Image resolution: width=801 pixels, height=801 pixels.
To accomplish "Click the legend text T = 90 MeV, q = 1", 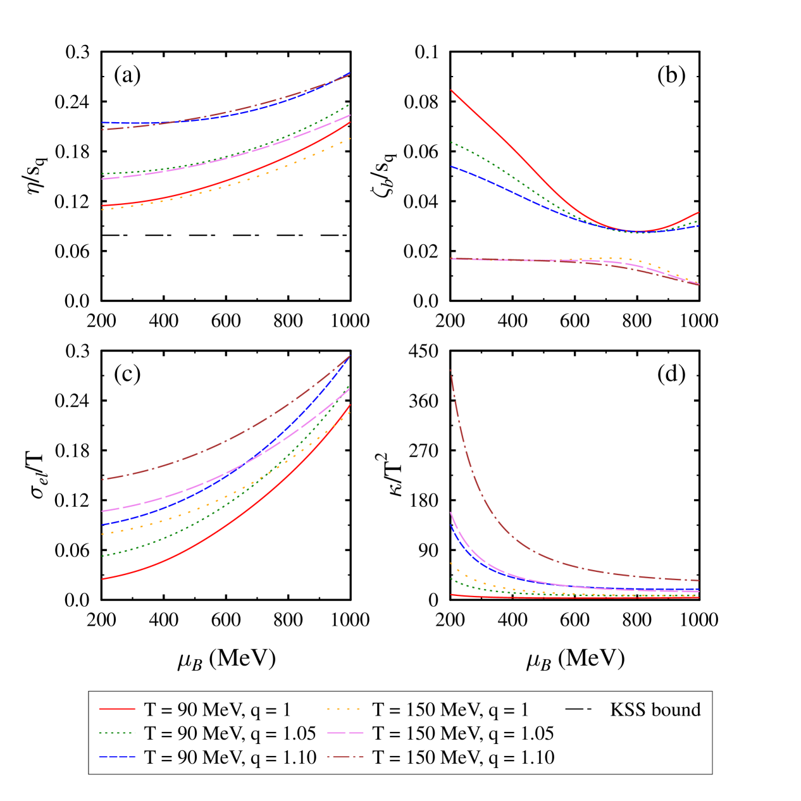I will point(217,710).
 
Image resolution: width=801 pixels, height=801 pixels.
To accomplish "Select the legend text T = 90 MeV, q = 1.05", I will point(230,733).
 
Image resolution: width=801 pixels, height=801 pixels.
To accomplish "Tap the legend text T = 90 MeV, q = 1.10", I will point(230,757).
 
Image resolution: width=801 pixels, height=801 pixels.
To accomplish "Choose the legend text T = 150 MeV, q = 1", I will point(450,710).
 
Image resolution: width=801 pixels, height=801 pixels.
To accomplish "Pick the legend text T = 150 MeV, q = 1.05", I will point(463,733).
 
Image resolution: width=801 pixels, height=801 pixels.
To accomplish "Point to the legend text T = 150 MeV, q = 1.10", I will point(463,757).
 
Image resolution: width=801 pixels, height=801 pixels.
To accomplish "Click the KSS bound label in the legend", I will point(655,710).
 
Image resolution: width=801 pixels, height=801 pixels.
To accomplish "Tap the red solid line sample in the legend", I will point(117,710).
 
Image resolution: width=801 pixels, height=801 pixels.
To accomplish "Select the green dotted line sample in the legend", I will point(117,733).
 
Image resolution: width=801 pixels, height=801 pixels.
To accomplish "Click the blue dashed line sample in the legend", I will point(117,757).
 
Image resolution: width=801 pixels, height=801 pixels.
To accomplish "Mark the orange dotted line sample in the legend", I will point(345,710).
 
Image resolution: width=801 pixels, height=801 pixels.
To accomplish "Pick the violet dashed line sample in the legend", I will point(345,733).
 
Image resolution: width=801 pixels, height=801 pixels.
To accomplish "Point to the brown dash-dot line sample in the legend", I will point(345,757).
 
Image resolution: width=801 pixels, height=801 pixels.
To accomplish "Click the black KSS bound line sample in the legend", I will point(578,710).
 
